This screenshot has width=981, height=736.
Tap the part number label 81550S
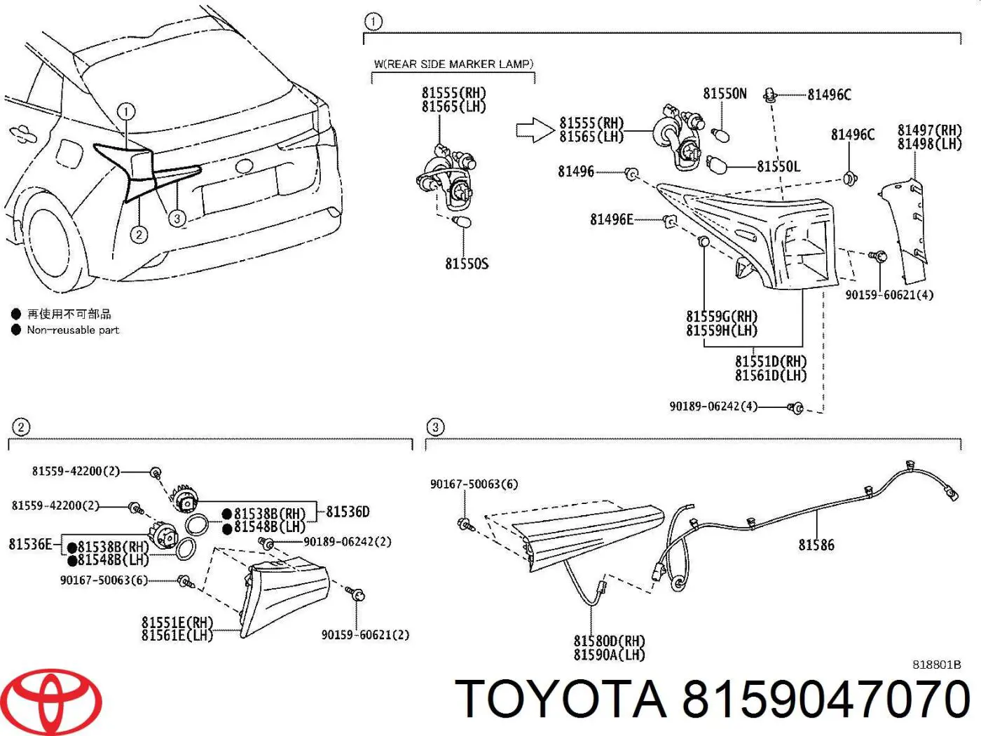(x=467, y=264)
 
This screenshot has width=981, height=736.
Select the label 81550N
(x=725, y=94)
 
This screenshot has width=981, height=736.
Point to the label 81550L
(x=778, y=166)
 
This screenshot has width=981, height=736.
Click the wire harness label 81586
(x=816, y=545)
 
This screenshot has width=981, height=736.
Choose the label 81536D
(x=348, y=512)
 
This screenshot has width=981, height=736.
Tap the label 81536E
(x=30, y=544)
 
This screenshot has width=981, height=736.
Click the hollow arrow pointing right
(x=535, y=130)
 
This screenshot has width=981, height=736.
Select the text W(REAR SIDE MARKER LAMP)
(x=453, y=64)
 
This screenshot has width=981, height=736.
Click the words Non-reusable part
(x=73, y=330)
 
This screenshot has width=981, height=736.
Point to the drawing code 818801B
(x=936, y=665)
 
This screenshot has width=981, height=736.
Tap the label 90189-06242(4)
(x=713, y=407)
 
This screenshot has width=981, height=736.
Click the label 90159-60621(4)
(x=889, y=295)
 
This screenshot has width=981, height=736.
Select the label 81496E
(x=612, y=219)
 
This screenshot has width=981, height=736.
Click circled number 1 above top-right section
(x=373, y=22)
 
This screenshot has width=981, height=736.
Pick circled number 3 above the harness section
(x=435, y=427)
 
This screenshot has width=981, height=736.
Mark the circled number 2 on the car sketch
(x=139, y=235)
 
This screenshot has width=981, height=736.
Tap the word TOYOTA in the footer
(x=561, y=700)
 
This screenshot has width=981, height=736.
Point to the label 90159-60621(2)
(x=365, y=635)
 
